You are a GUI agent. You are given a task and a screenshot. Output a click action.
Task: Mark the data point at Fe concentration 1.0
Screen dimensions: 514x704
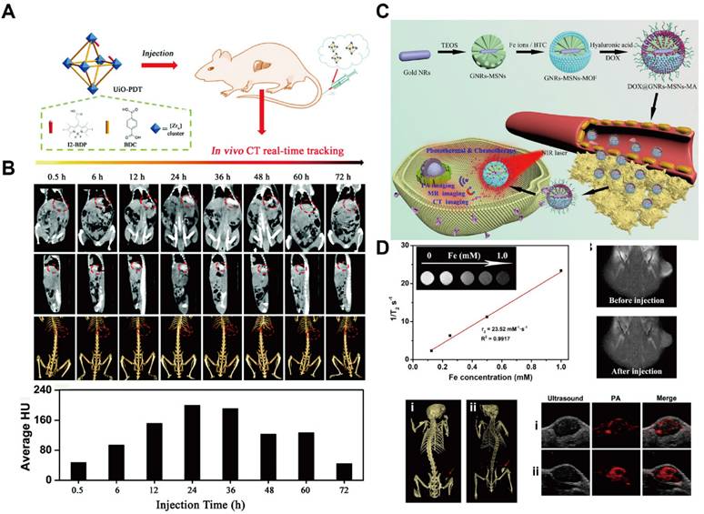pos(561,270)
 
